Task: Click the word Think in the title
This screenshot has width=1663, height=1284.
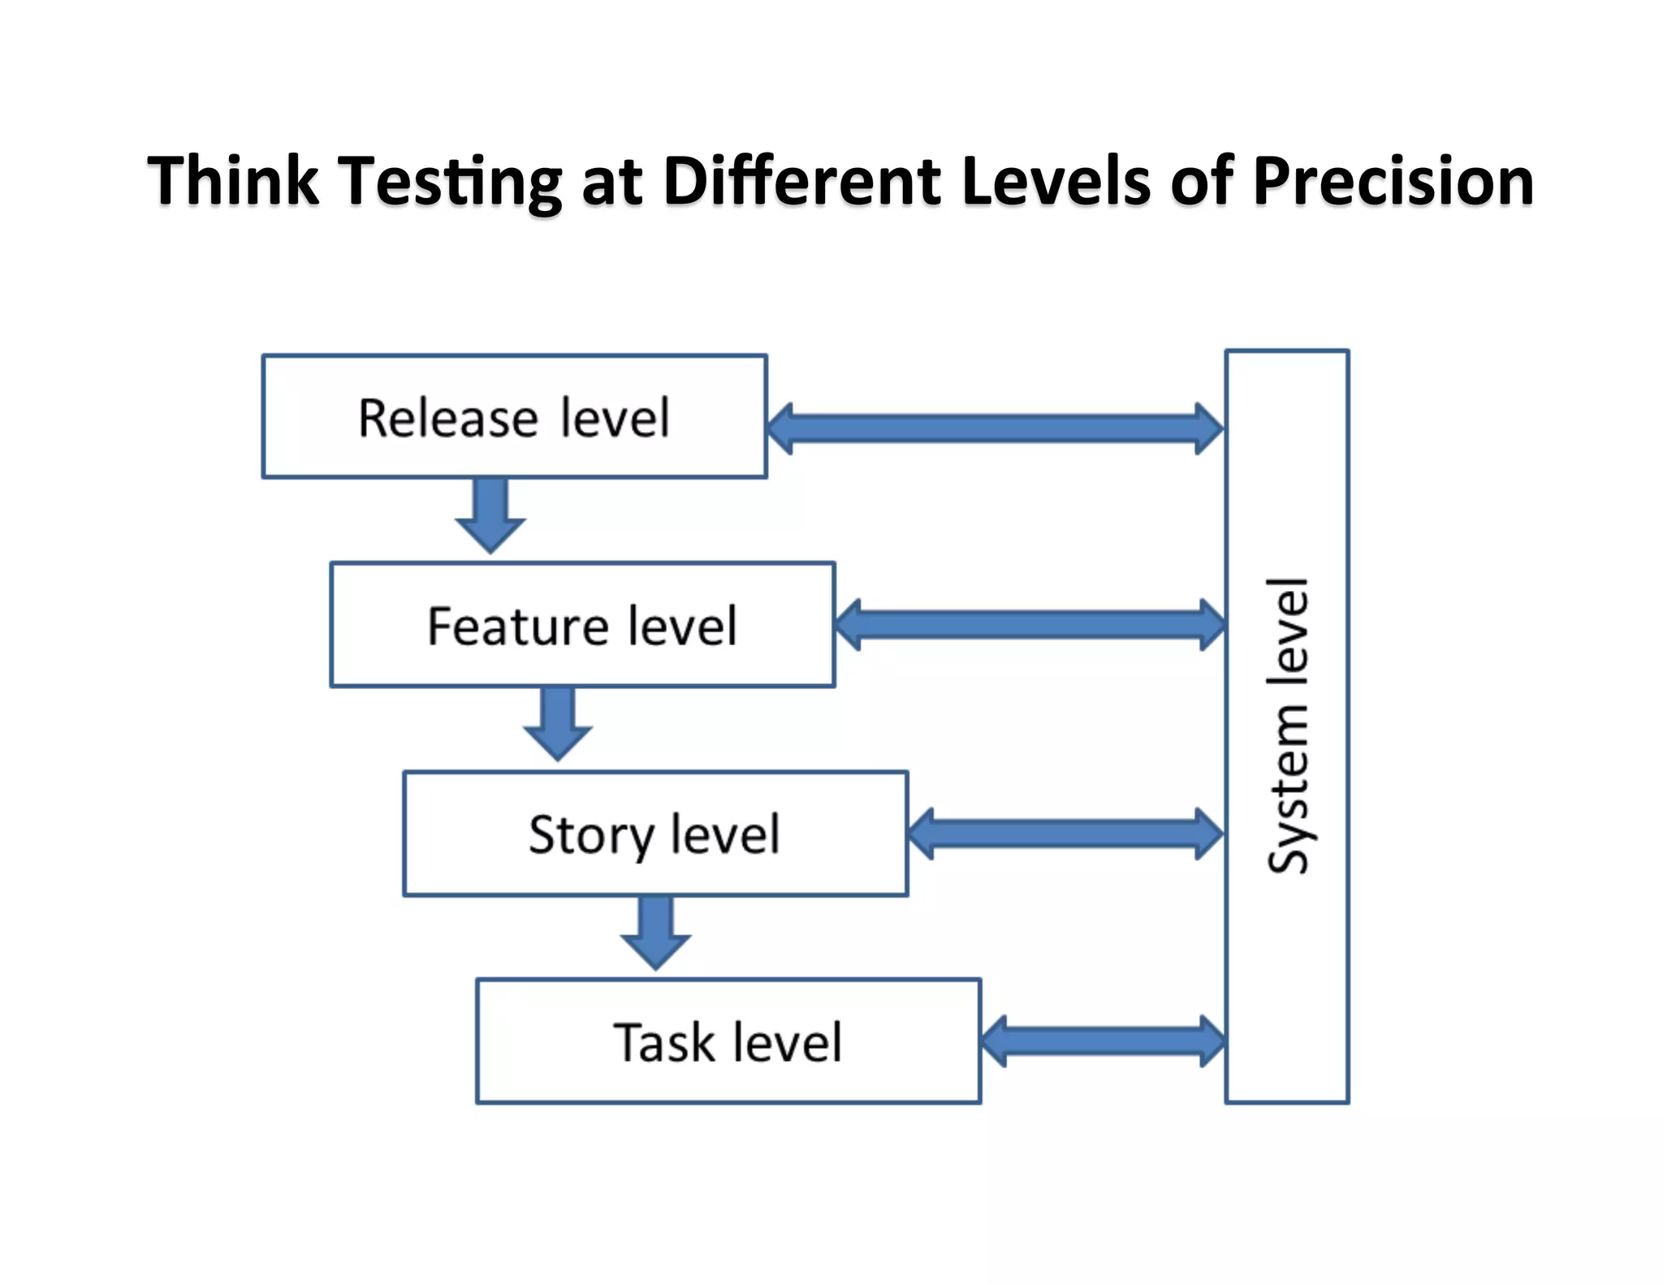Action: click(232, 180)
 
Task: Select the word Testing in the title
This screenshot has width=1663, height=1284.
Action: click(451, 180)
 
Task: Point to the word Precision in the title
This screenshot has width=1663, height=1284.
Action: click(1393, 180)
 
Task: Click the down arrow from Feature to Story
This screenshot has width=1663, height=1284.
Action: click(558, 723)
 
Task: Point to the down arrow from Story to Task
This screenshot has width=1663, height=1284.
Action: click(655, 932)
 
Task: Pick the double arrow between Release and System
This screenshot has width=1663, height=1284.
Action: click(995, 428)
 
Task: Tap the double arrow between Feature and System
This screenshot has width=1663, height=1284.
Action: click(1030, 624)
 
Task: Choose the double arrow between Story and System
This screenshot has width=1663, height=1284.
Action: click(1065, 833)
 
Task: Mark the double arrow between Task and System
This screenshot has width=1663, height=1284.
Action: click(1103, 1041)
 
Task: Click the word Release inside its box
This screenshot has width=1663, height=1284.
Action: click(448, 419)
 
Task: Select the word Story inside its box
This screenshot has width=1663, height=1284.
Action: click(591, 834)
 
